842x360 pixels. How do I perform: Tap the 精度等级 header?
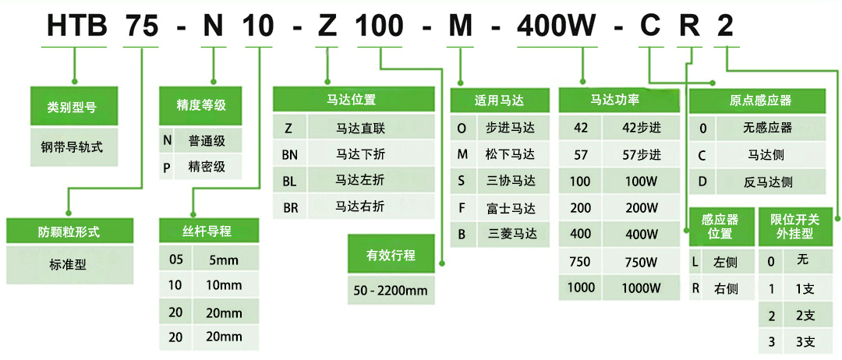coord(201,105)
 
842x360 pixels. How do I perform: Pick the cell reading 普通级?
coord(207,142)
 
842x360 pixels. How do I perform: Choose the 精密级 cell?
coord(207,167)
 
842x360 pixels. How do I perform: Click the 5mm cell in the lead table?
coord(225,260)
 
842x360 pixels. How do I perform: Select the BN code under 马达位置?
coord(290,156)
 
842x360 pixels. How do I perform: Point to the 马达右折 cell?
coord(360,206)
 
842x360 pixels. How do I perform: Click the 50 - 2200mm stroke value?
coord(391,291)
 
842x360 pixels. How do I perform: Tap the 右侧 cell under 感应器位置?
coord(726,289)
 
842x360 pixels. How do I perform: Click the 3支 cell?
coord(804,342)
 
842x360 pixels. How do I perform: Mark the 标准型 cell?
coord(70,264)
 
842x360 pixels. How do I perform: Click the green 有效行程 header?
coord(391,255)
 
